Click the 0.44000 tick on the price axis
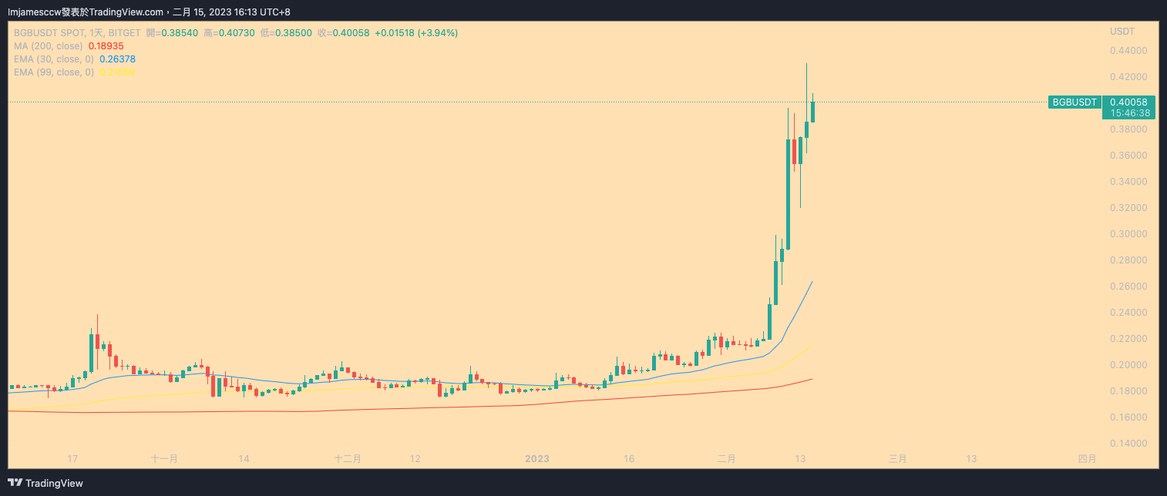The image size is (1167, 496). [x=1128, y=51]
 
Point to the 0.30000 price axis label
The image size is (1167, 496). [x=1128, y=234]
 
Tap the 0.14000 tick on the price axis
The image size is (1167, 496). [x=1128, y=444]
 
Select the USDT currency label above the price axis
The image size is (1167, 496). [x=1122, y=32]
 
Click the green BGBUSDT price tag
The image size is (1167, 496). [x=1075, y=102]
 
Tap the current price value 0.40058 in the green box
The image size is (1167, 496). [x=1128, y=102]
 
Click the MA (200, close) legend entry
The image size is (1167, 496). [x=48, y=46]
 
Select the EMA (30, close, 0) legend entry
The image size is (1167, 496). [x=54, y=59]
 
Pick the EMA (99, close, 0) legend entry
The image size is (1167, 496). [x=54, y=72]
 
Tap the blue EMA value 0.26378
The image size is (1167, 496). [x=118, y=59]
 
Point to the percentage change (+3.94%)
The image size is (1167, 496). [x=438, y=33]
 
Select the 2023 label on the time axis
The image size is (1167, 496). [x=536, y=459]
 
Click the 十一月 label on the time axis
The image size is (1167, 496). [x=164, y=459]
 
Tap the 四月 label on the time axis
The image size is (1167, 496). [x=1087, y=459]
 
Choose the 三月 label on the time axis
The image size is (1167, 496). [x=897, y=459]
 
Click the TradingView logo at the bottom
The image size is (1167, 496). [x=44, y=484]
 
